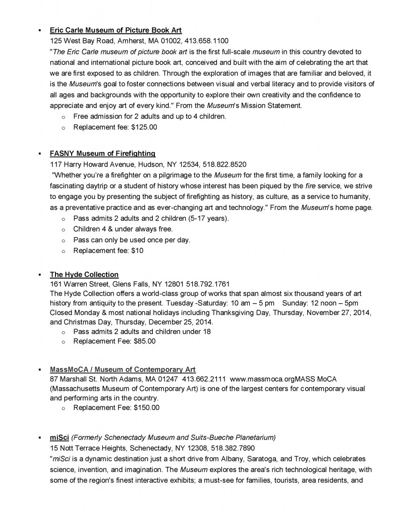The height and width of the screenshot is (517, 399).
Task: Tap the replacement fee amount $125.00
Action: pyautogui.click(x=143, y=127)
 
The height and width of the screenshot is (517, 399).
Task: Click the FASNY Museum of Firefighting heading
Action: pyautogui.click(x=102, y=153)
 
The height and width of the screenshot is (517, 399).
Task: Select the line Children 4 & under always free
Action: pyautogui.click(x=123, y=229)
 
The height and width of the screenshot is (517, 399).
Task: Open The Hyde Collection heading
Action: pyautogui.click(x=84, y=275)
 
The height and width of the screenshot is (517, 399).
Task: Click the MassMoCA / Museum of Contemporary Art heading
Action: pyautogui.click(x=123, y=370)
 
